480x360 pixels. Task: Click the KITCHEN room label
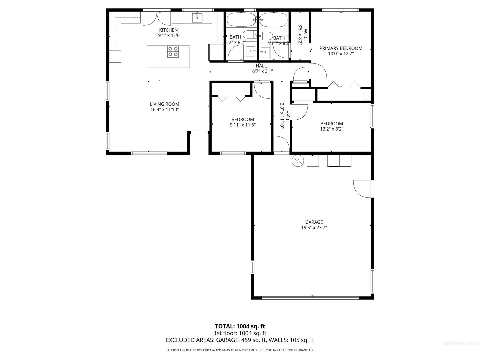(x=168, y=30)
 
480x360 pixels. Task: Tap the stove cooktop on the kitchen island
(x=173, y=52)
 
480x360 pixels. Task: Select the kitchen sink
(x=197, y=18)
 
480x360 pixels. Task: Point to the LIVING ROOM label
(x=164, y=104)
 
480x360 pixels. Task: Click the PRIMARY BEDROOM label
(x=341, y=48)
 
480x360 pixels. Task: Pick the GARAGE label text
(x=314, y=222)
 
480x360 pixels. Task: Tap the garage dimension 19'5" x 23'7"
(x=314, y=228)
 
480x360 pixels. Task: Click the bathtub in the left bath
(x=241, y=19)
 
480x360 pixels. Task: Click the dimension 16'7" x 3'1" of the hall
(x=261, y=71)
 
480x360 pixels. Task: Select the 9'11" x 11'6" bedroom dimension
(x=243, y=125)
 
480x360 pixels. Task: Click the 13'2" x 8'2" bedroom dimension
(x=332, y=129)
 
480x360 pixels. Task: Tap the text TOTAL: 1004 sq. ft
(x=240, y=326)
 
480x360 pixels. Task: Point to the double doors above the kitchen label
(x=157, y=19)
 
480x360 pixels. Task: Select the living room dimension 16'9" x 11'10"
(x=164, y=110)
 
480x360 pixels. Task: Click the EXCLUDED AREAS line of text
(x=240, y=340)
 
